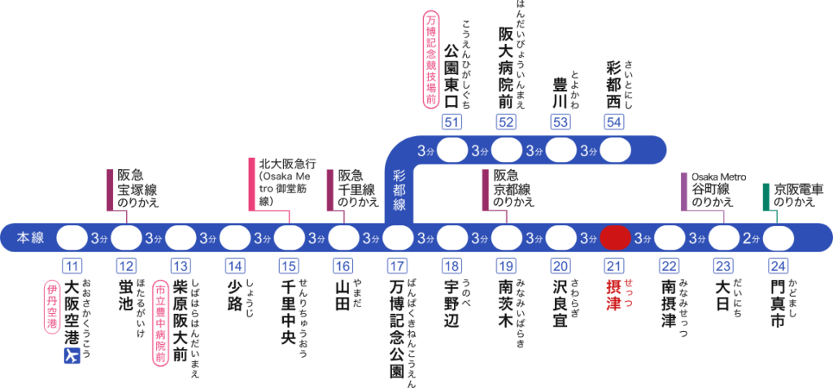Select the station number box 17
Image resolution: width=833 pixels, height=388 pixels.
[397, 265]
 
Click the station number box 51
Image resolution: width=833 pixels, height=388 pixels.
[451, 122]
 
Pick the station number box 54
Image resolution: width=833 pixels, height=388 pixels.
[615, 122]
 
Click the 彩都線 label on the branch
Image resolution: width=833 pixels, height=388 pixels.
[399, 191]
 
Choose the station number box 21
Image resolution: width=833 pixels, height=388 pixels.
[615, 265]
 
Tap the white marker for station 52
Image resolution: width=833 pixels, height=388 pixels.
[506, 150]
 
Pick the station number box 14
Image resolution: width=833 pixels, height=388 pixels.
[234, 265]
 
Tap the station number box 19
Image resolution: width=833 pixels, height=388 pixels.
[506, 265]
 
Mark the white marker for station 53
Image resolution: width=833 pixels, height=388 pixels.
[560, 150]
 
